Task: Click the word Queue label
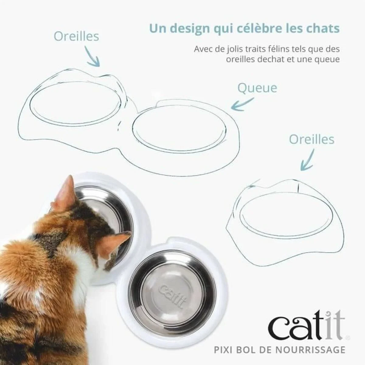coord(257,88)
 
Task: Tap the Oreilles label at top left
coord(76,36)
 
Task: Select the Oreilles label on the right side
coord(311,140)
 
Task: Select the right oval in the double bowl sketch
coord(179,126)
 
